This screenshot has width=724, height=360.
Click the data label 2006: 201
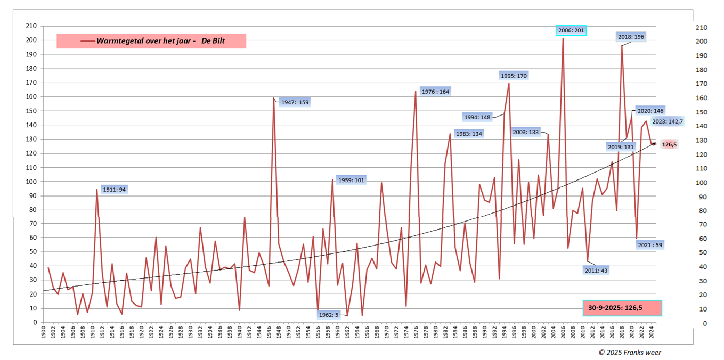point(571,30)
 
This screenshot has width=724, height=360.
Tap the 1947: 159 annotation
point(295,102)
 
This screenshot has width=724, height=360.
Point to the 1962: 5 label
point(329,314)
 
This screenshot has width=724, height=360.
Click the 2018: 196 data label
point(631,37)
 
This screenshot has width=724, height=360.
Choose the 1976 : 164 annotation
point(435,92)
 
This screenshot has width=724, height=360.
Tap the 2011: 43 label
point(597,270)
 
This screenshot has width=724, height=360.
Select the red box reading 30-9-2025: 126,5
point(622,308)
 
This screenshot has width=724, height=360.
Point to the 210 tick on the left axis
point(31,26)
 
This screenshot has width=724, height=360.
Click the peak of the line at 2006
point(563,38)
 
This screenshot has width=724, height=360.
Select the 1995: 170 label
point(514,76)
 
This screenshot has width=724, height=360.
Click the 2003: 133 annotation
point(526,132)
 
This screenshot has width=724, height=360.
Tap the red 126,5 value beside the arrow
point(670,144)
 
